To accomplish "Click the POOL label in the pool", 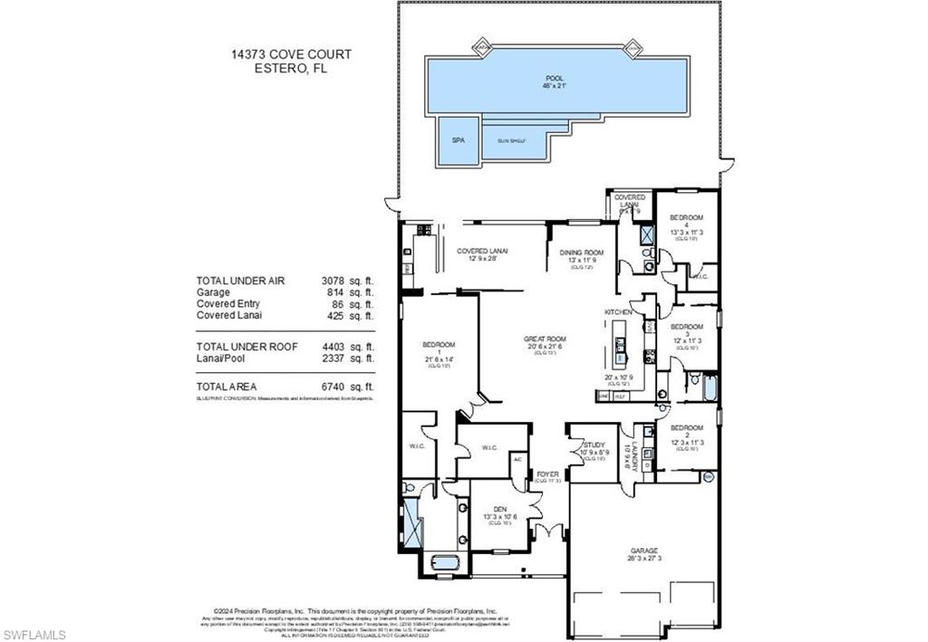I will [554, 80].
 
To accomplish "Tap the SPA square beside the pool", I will [458, 141].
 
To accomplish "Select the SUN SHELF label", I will [511, 141].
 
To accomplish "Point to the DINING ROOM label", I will [581, 254].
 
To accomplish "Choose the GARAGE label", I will [644, 551].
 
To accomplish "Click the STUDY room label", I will [594, 445].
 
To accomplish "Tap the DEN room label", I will [501, 510].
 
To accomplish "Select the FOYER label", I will [547, 474].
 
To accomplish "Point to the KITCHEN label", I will [618, 311].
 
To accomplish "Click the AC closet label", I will [518, 459].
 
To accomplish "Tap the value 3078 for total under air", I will [334, 281].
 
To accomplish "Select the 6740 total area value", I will [334, 387].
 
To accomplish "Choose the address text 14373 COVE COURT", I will [291, 54].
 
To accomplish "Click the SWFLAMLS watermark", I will [34, 634].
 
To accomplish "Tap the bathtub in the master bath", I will [439, 561].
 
